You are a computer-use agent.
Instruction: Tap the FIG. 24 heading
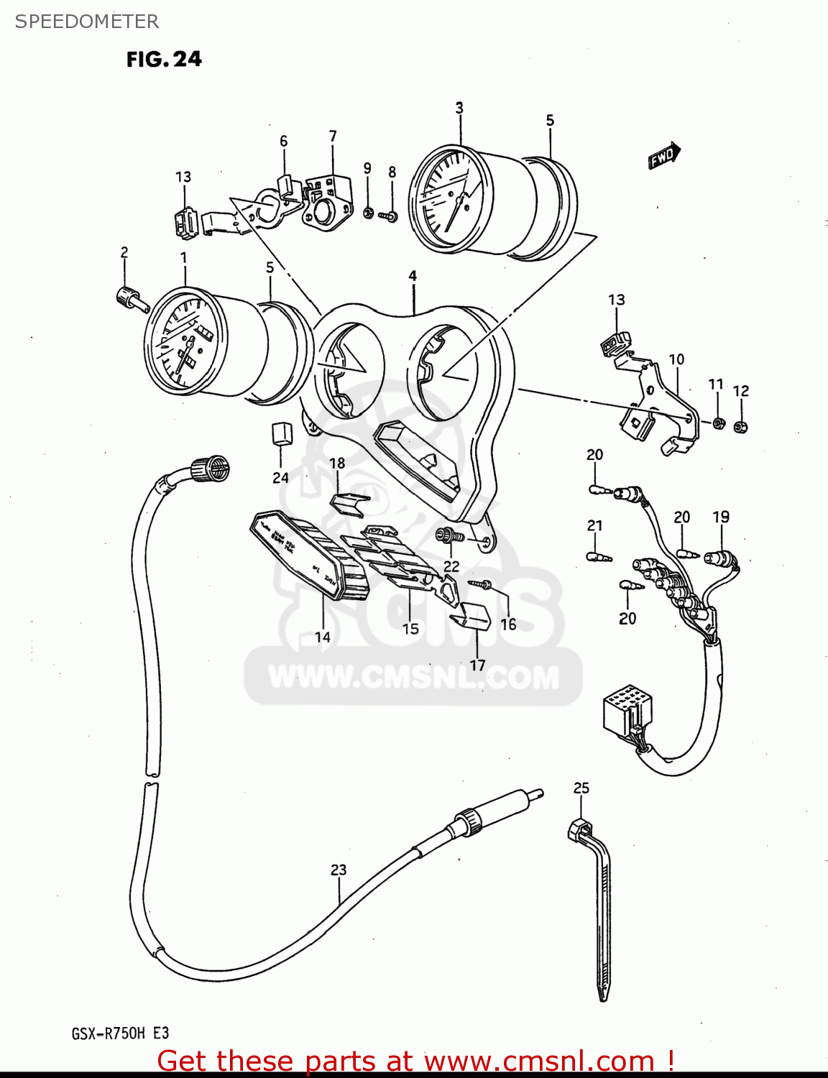click(x=164, y=59)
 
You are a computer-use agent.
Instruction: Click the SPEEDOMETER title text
click(x=87, y=22)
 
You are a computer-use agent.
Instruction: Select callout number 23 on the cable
click(x=339, y=870)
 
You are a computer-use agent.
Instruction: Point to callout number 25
click(x=581, y=788)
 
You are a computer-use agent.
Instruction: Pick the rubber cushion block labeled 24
click(x=281, y=434)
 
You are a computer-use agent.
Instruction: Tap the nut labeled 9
click(x=367, y=212)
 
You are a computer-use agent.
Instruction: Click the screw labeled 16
click(x=480, y=584)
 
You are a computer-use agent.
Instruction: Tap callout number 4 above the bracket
click(x=413, y=276)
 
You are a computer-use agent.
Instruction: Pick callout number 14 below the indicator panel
click(x=323, y=636)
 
